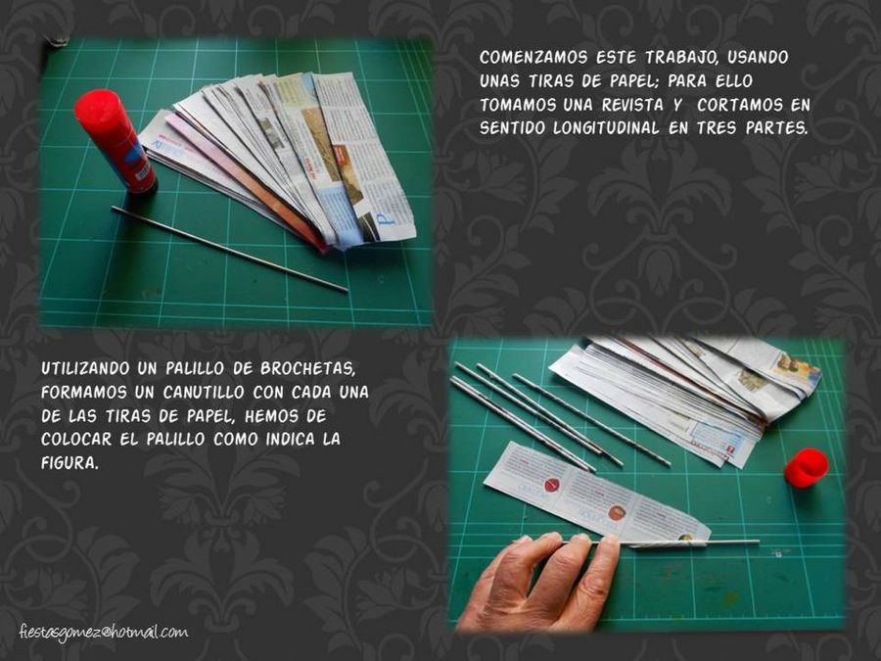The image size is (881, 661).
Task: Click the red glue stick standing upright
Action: coord(116,140)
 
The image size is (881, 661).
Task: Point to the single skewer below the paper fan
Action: coord(229,249)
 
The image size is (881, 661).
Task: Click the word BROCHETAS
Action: coord(308,369)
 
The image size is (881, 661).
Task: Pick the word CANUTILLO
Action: coord(204,393)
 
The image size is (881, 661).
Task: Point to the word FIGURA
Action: coord(70,464)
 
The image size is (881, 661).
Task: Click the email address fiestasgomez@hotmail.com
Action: coord(104,633)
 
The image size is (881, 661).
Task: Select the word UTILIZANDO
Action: coord(85,369)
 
